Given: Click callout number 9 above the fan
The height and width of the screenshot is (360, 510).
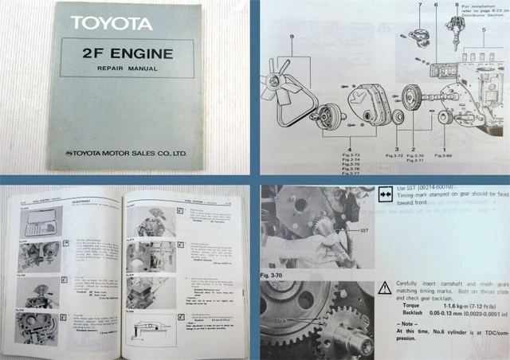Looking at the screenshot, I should [292, 35].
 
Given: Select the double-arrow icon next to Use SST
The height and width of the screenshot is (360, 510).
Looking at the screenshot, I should [385, 190].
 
